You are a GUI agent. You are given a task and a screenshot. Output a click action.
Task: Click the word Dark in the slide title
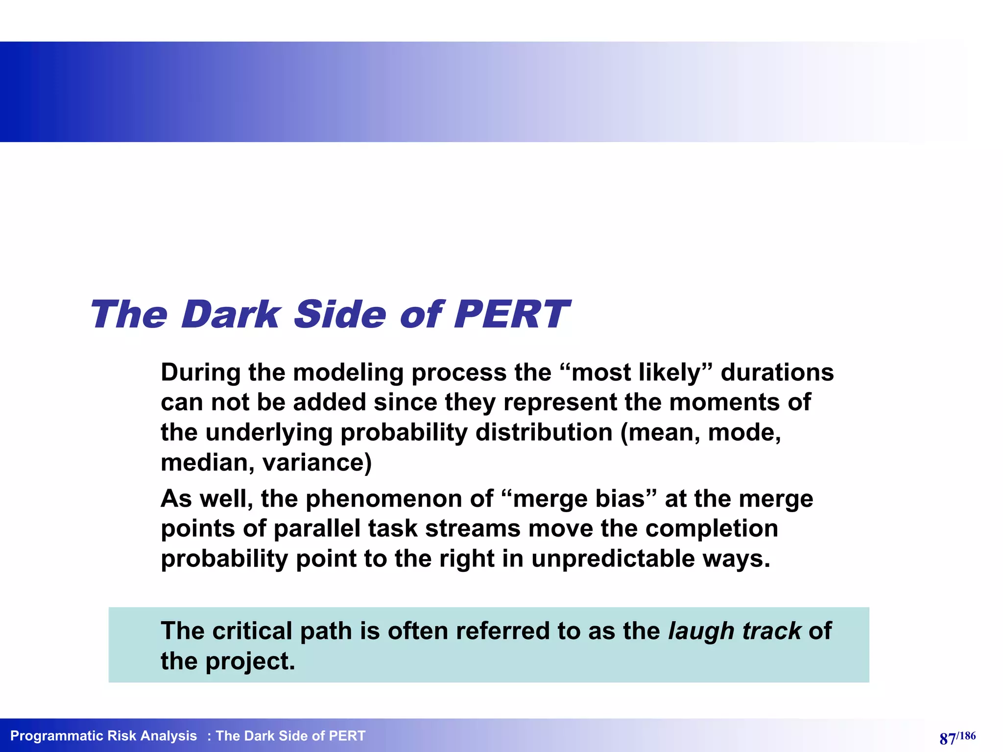[230, 314]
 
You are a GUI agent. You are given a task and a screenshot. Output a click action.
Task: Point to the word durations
[777, 373]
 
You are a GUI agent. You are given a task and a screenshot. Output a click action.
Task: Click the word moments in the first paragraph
[724, 402]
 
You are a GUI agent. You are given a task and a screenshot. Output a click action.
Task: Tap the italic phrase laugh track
[735, 631]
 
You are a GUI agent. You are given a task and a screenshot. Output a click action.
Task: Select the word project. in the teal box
[250, 661]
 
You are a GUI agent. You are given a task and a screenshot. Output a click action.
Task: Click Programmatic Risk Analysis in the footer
[103, 736]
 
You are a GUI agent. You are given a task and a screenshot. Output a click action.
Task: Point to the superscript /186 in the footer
[966, 735]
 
